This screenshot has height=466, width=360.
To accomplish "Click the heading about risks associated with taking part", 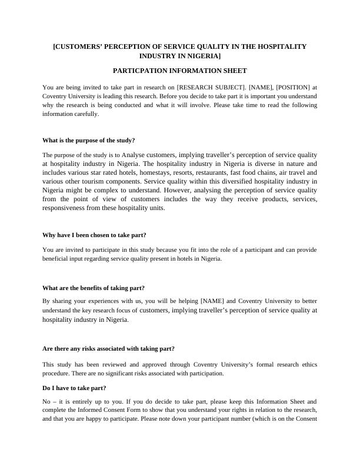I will click(x=108, y=349).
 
